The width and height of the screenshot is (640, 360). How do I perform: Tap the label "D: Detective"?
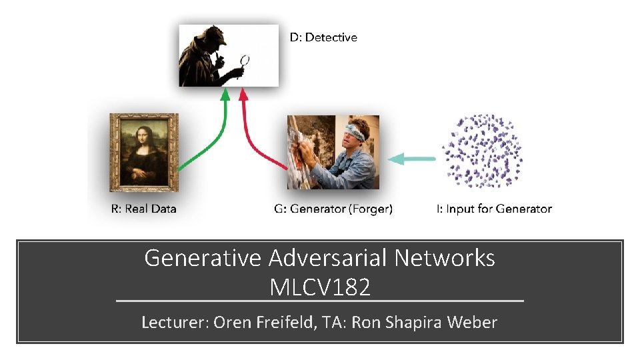323,38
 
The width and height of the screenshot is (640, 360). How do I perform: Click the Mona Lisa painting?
144,153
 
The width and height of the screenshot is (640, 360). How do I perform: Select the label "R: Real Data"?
143,209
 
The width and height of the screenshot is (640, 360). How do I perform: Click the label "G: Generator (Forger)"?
333,209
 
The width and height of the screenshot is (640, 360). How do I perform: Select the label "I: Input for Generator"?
494,209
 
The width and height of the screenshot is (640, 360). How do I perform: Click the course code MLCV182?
320,287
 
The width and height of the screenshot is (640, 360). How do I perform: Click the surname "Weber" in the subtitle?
471,323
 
